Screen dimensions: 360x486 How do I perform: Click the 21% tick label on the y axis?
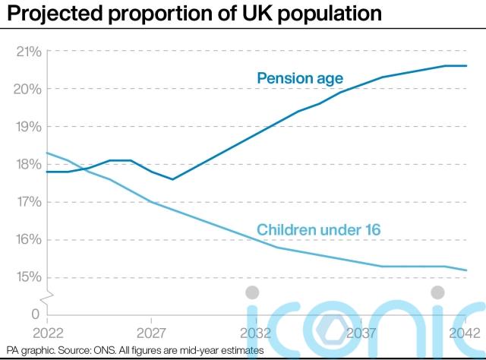coord(28,52)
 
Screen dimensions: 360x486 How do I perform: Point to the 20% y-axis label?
coord(28,89)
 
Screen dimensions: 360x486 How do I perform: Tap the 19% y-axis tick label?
coord(28,127)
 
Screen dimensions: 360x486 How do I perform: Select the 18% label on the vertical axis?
coord(28,164)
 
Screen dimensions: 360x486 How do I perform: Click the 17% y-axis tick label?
coord(28,202)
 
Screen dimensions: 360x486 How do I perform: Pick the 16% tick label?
coord(28,239)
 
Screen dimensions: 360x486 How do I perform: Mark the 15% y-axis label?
coord(28,277)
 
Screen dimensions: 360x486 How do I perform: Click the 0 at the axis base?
coord(35,314)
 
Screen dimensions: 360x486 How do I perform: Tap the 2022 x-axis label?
coord(47,333)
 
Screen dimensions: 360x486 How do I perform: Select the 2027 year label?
coord(152,333)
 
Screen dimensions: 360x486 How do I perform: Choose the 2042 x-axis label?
coord(464,333)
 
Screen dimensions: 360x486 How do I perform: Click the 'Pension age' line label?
coord(301,78)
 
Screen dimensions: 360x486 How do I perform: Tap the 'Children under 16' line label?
coord(318,229)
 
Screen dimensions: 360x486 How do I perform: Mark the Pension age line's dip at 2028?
coord(173,179)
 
